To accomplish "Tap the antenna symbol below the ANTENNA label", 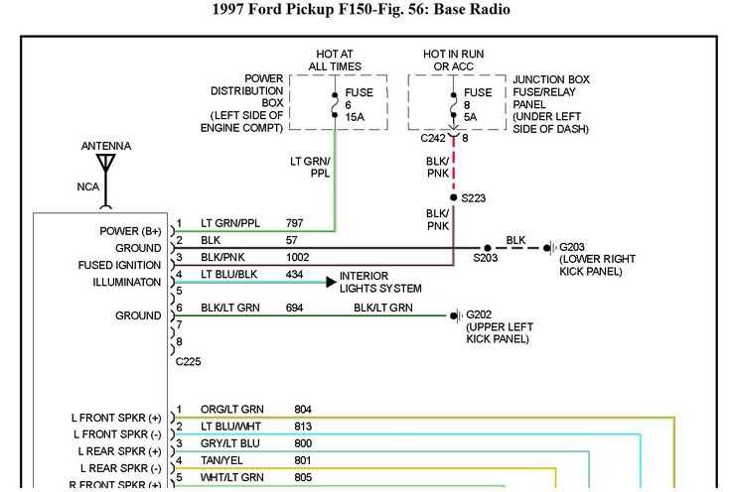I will point(105,165).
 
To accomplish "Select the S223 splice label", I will point(474,197).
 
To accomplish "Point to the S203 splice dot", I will point(488,248).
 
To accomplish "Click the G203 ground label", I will point(573,247).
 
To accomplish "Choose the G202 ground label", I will point(480,315).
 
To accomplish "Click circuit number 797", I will point(294,223).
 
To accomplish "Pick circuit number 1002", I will point(298,257).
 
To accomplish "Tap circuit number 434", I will point(294,274).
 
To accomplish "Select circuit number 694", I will point(294,308).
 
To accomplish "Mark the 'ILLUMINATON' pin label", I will point(120,282).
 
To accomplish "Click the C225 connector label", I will point(189,361).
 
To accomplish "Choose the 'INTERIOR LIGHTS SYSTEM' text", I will point(380,282).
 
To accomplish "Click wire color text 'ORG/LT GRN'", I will point(232,409).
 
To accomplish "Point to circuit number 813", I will point(303,426).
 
